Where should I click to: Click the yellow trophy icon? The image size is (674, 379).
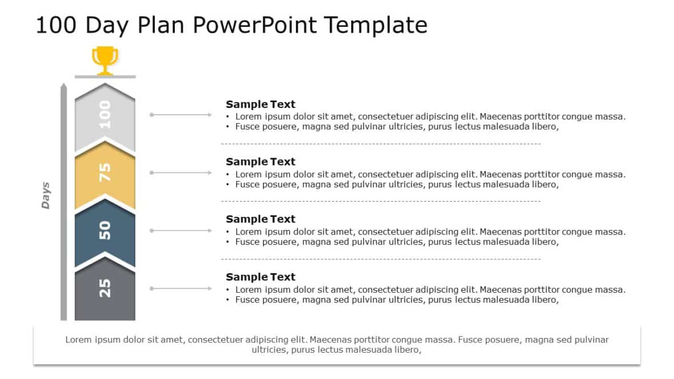tap(105, 60)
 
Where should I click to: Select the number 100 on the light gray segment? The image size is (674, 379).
tap(105, 114)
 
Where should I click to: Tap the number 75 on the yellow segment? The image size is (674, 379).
tap(105, 172)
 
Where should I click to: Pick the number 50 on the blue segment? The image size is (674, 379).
tap(105, 230)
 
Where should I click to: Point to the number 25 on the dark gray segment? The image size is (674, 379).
tap(105, 288)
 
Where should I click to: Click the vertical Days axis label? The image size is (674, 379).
tap(46, 195)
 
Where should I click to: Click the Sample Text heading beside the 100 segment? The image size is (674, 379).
tap(260, 104)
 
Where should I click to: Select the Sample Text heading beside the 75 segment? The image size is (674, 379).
tap(260, 162)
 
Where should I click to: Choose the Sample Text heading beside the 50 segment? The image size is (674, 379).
tap(260, 219)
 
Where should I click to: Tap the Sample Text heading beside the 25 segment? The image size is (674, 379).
tap(260, 277)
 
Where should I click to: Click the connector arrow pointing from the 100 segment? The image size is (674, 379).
tap(181, 115)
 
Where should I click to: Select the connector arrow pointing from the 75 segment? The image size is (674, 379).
tap(181, 172)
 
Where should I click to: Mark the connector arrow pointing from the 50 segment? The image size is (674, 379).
tap(181, 231)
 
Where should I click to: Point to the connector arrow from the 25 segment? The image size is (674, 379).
tap(181, 288)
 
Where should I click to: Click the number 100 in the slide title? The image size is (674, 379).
tap(56, 26)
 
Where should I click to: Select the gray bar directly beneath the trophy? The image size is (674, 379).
tap(105, 76)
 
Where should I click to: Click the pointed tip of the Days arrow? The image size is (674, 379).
tap(63, 85)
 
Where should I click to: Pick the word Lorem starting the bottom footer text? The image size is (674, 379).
tap(78, 340)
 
